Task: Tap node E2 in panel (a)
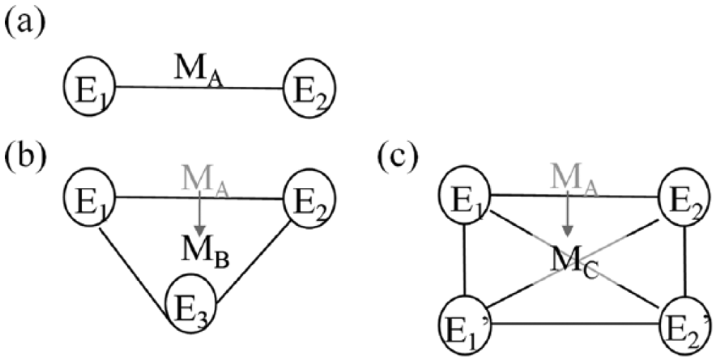310,87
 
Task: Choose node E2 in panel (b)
310,197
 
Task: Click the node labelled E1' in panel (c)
464,324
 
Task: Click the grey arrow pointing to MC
567,215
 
